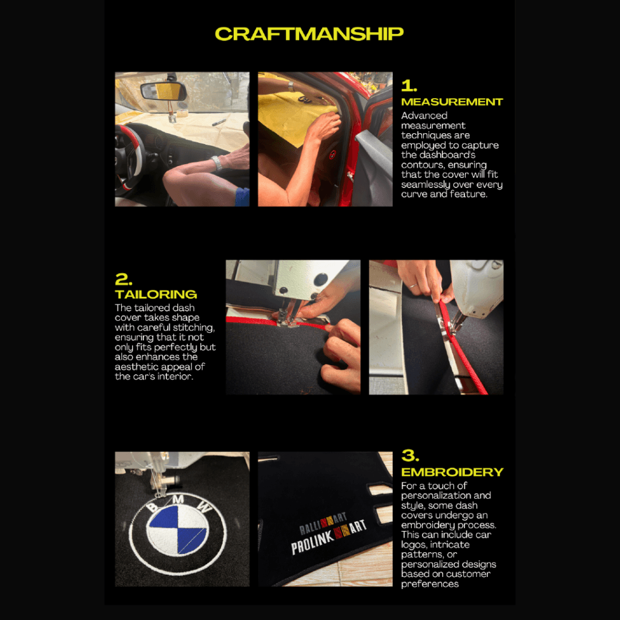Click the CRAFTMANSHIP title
tap(309, 34)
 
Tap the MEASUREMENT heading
tap(452, 102)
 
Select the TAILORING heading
tap(156, 294)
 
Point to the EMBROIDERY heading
tap(452, 472)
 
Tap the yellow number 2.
tap(124, 279)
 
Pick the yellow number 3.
tap(410, 455)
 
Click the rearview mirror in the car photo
tap(163, 91)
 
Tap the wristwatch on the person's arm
tap(216, 163)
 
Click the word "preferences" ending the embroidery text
tap(430, 584)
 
